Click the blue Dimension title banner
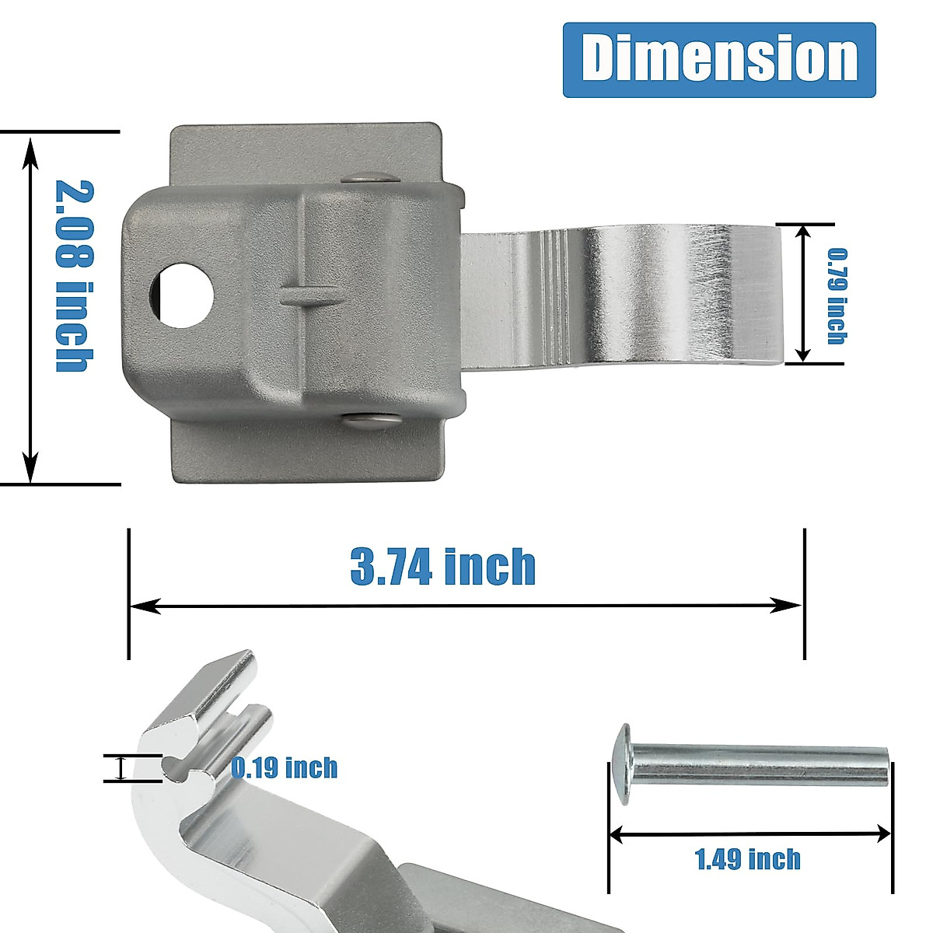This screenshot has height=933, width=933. [x=719, y=60]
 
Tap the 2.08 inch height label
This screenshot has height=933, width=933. [x=75, y=275]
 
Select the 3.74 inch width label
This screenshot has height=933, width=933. [x=442, y=566]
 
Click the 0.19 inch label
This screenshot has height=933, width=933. [x=285, y=768]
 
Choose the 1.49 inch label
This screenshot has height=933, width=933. [x=747, y=858]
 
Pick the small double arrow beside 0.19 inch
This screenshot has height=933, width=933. [x=121, y=768]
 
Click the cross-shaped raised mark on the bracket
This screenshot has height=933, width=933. [x=309, y=294]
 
